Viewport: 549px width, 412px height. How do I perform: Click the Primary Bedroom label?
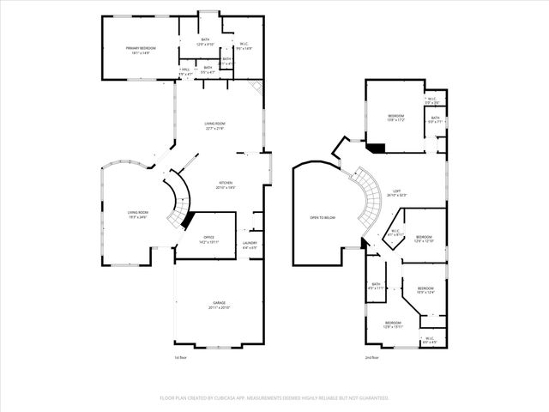[x=139, y=49]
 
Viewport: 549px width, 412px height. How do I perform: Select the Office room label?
[x=208, y=239]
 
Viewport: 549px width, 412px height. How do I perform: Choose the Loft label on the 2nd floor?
[x=396, y=193]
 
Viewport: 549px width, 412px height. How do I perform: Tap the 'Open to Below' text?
[x=323, y=217]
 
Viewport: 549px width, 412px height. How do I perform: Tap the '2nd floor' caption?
[x=371, y=356]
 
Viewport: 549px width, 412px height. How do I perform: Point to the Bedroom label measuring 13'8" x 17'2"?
[x=395, y=117]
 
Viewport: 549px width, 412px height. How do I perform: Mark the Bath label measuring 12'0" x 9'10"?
[x=205, y=41]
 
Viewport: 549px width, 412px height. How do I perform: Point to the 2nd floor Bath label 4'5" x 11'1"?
[x=376, y=287]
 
